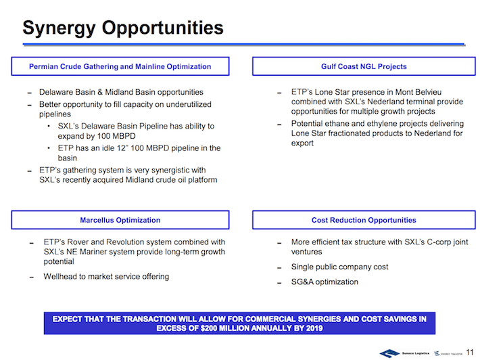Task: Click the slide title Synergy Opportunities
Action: click(122, 28)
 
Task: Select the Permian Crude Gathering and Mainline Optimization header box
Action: click(120, 67)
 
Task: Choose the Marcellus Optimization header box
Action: click(120, 220)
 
